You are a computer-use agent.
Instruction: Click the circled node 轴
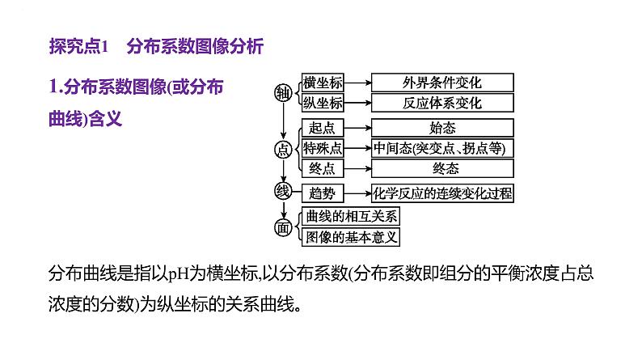pyautogui.click(x=282, y=93)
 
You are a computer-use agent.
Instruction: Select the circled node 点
pyautogui.click(x=282, y=149)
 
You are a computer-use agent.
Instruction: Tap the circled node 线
pyautogui.click(x=282, y=192)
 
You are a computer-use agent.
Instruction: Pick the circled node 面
pyautogui.click(x=282, y=227)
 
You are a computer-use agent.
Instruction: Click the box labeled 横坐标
pyautogui.click(x=322, y=83)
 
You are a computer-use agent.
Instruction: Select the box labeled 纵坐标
pyautogui.click(x=322, y=103)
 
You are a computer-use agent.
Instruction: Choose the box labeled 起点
pyautogui.click(x=322, y=128)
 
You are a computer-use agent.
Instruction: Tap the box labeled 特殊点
pyautogui.click(x=322, y=148)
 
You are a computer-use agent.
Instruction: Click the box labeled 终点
pyautogui.click(x=322, y=168)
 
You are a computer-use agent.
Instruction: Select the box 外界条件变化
pyautogui.click(x=442, y=83)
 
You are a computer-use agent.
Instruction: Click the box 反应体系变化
pyautogui.click(x=442, y=103)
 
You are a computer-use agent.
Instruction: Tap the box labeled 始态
pyautogui.click(x=442, y=128)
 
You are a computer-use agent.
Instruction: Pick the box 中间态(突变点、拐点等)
pyautogui.click(x=442, y=148)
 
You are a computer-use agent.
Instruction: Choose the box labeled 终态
pyautogui.click(x=442, y=168)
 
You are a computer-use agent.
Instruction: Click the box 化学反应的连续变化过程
pyautogui.click(x=442, y=193)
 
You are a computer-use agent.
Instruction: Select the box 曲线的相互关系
pyautogui.click(x=349, y=218)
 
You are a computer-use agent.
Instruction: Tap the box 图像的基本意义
pyautogui.click(x=349, y=237)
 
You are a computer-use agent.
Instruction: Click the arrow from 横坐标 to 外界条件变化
pyautogui.click(x=357, y=83)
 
